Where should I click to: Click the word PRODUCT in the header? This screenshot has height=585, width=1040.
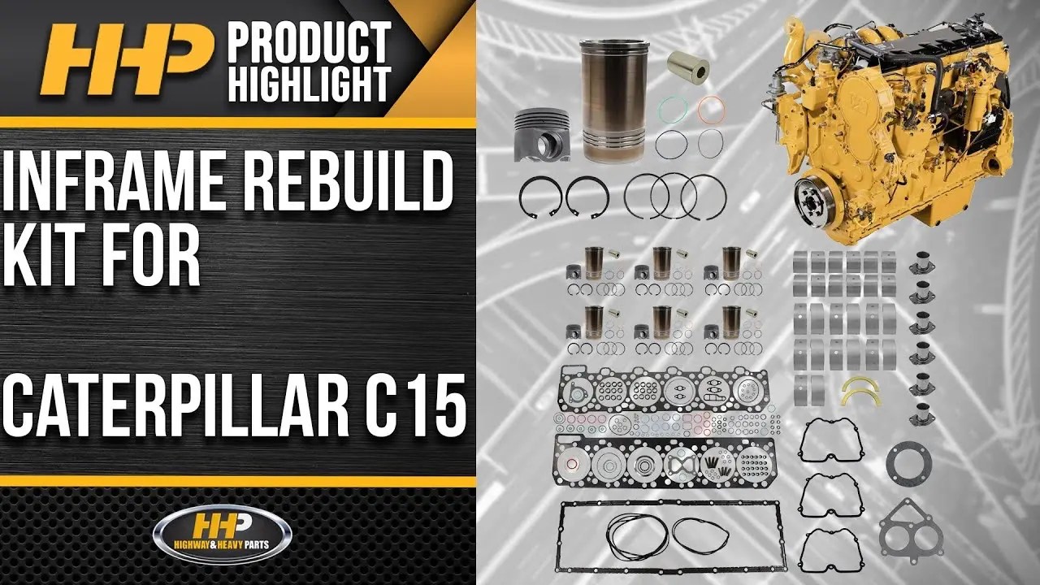coord(310,41)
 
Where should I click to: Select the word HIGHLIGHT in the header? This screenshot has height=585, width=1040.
coord(310,84)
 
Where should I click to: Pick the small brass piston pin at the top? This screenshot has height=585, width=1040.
coord(688,66)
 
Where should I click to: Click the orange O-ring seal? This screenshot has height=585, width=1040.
coord(711,109)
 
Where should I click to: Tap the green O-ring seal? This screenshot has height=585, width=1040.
coord(671,109)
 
